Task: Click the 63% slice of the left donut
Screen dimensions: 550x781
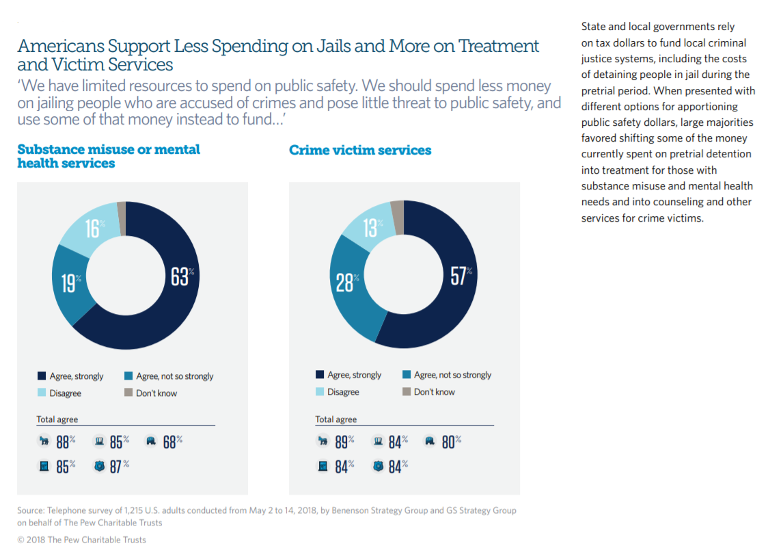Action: coord(179,277)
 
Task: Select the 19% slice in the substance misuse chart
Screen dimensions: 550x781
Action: coord(69,282)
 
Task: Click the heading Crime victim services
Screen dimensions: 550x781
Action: coord(360,150)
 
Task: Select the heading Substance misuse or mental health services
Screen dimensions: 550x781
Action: coord(109,156)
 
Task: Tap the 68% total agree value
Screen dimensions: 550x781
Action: coord(172,442)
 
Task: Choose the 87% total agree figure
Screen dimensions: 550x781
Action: coord(119,467)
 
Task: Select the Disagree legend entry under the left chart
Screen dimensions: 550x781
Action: coord(65,393)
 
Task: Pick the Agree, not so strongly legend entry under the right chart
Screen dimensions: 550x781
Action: coord(452,375)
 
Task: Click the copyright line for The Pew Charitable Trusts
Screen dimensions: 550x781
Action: coord(82,540)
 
